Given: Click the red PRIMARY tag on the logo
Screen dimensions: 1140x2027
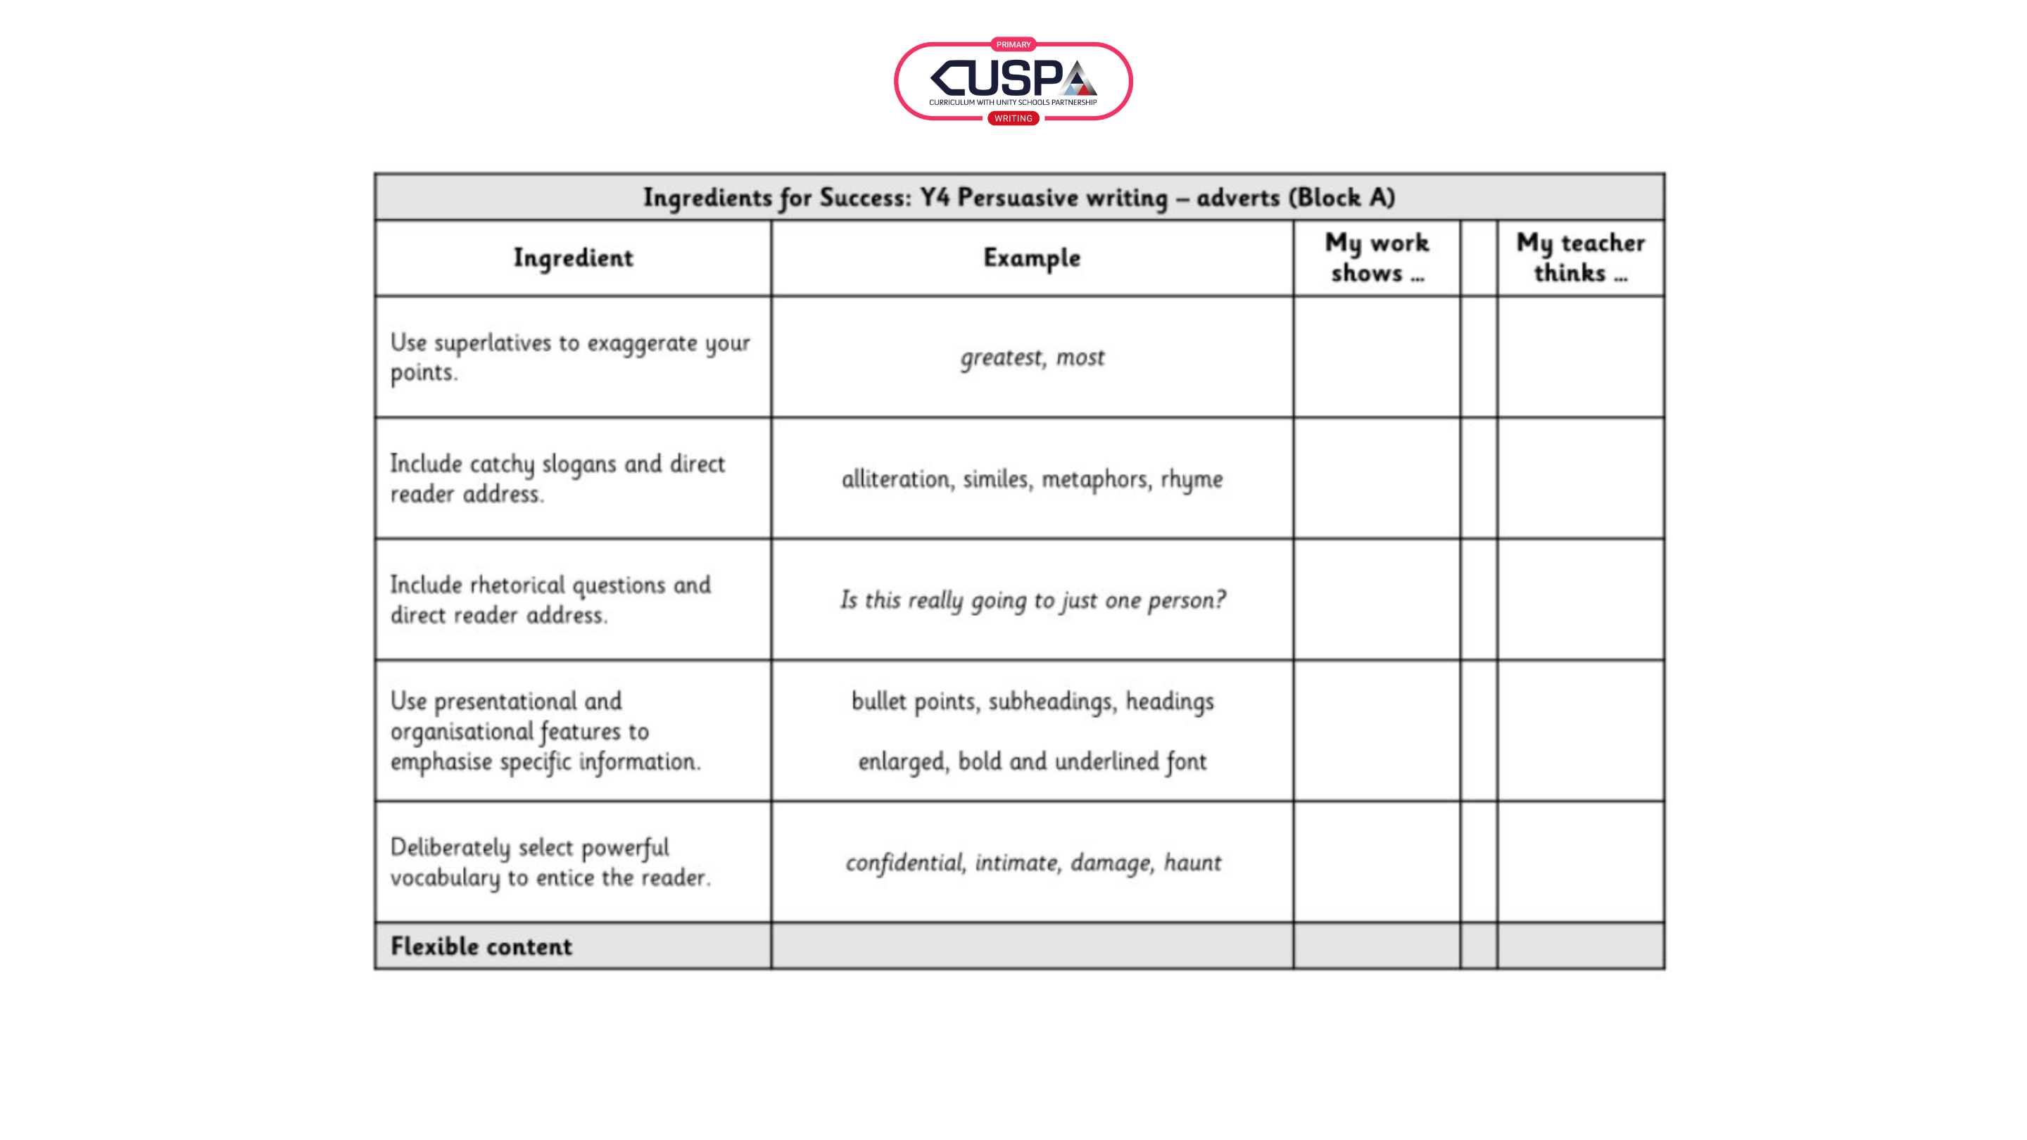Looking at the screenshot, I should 1013,45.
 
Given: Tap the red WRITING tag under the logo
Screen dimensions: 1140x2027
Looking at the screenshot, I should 1013,119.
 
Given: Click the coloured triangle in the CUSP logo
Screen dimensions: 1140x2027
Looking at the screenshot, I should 1078,80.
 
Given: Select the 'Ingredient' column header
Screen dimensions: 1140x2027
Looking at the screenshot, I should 573,258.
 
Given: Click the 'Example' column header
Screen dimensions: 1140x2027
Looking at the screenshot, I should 1032,258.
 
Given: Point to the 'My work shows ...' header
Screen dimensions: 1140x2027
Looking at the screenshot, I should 1376,258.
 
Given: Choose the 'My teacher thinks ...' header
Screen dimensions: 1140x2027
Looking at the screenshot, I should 1580,258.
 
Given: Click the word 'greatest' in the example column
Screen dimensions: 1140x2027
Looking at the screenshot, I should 1000,358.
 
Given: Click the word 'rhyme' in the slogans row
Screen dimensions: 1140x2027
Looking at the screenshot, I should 1192,479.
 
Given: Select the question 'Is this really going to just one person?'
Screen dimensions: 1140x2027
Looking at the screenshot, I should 1033,600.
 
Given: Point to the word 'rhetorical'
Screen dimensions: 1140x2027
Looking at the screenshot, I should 517,585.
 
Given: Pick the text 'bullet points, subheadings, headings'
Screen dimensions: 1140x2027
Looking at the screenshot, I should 1033,701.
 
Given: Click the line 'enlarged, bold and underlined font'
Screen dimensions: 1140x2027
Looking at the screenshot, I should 1033,761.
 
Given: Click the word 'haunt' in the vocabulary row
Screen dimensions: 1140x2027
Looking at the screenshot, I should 1192,863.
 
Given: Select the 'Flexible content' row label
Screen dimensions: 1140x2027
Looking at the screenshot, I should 481,946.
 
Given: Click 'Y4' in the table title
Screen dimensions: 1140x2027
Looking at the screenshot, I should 934,198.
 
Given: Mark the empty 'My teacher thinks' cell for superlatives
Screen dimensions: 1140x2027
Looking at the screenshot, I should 1580,357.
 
